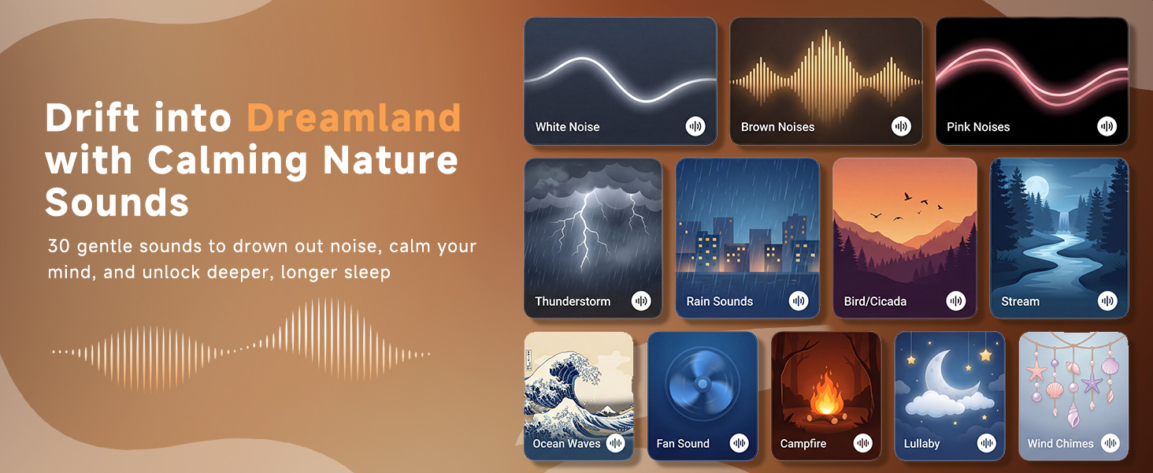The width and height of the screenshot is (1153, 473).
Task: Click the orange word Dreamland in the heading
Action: pos(354,118)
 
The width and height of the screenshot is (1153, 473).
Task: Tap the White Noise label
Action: pos(567,127)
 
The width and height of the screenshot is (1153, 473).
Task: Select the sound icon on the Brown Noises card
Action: pos(901,126)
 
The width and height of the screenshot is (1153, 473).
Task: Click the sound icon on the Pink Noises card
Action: pos(1107,126)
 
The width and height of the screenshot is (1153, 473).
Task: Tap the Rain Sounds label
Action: pos(719,301)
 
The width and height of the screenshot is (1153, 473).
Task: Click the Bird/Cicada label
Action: pos(874,301)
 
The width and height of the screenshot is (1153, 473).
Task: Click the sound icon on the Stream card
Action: pos(1107,300)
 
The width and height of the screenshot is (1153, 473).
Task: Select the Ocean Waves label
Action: pos(566,444)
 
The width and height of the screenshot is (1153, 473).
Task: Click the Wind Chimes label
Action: pos(1060,444)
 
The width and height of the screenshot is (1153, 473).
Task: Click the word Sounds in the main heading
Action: pos(117,203)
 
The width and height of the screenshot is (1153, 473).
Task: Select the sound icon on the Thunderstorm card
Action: pos(641,300)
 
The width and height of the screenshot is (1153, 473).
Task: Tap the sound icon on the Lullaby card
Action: pos(986,443)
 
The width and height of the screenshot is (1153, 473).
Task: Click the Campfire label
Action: pos(803,444)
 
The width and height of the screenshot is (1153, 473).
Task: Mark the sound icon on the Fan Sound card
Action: pos(739,443)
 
